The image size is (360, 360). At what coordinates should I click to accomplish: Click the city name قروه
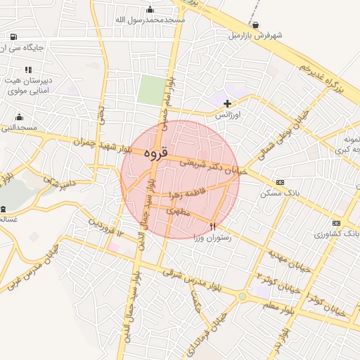coord(155,152)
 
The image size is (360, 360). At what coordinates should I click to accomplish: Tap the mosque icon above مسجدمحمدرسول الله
coord(150,9)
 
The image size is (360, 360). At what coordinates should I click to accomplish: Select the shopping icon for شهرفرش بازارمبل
coord(255,25)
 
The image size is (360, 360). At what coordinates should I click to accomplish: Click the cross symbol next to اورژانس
coord(226,103)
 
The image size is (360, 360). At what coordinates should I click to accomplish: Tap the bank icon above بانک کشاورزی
coord(336,223)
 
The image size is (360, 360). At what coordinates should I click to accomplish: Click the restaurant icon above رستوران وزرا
coord(213,226)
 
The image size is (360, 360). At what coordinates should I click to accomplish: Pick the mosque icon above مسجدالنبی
coord(18,117)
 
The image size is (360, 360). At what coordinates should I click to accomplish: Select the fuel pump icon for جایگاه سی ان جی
coord(13,36)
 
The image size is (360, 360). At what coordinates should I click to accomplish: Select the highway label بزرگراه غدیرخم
coord(320,77)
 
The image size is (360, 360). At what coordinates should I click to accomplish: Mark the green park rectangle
coord(150,91)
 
